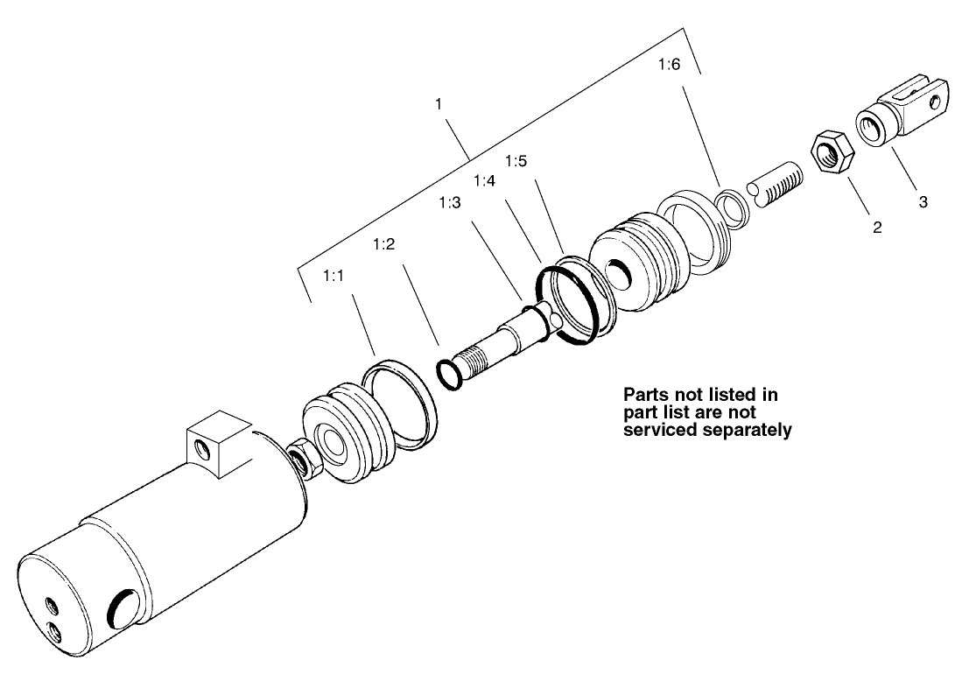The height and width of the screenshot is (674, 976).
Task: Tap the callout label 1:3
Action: (x=449, y=203)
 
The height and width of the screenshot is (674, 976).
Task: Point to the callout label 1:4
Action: (x=484, y=180)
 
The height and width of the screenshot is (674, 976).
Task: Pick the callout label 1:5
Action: (x=516, y=162)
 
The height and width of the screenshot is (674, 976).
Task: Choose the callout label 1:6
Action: (x=668, y=65)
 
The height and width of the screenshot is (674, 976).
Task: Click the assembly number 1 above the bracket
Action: (x=439, y=104)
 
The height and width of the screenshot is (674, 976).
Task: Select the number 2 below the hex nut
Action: (x=876, y=228)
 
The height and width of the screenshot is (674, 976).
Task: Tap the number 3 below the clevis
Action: (x=923, y=201)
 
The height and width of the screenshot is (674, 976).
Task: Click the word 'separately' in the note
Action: (x=748, y=431)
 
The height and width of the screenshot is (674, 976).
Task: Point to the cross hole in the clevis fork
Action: (x=937, y=102)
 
